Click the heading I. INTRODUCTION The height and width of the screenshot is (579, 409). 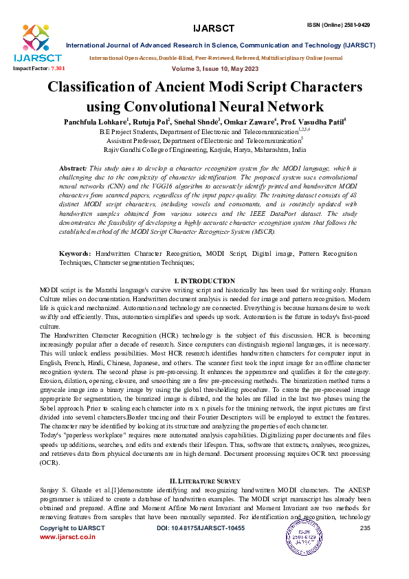pos(204,281)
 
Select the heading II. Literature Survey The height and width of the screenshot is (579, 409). pos(204,479)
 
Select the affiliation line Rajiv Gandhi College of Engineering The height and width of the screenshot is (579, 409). pos(204,149)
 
